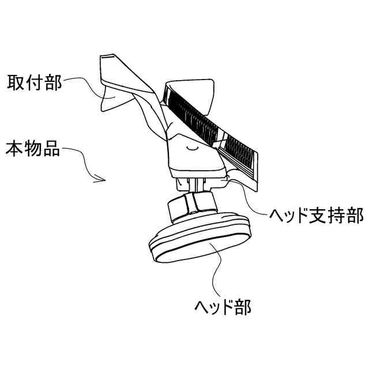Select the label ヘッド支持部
click(317, 216)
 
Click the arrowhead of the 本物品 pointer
click(102, 179)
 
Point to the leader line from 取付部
click(81, 86)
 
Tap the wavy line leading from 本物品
click(81, 161)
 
